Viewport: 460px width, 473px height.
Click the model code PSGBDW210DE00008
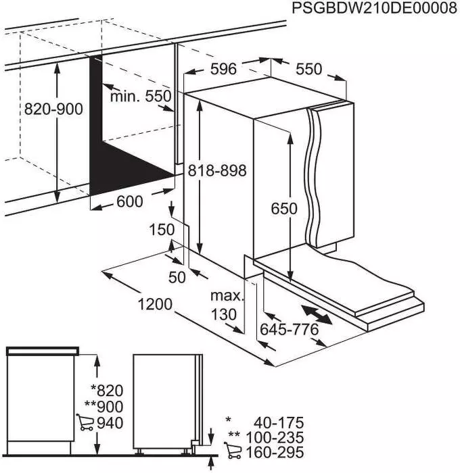coord(370,9)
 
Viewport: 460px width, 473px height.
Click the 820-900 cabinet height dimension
coord(53,109)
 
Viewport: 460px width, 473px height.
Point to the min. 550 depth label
coord(141,96)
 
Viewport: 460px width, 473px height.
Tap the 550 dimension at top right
coord(308,69)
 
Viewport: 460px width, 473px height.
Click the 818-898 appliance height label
coord(217,170)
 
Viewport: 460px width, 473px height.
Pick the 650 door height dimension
coord(284,209)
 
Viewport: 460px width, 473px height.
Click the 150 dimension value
coord(162,230)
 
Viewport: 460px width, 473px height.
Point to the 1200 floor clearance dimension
coord(155,305)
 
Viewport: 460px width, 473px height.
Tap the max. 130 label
coord(226,305)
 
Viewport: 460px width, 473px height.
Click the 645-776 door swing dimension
coord(289,330)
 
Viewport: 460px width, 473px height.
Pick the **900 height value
coord(105,407)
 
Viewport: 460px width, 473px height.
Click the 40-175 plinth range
coord(277,422)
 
